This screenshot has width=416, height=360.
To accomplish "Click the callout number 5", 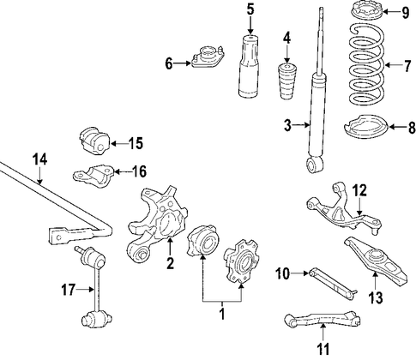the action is pos(250,9).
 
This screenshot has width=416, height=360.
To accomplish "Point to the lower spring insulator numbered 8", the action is pos(365,127).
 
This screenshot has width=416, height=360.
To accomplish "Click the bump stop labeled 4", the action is pos(286,81).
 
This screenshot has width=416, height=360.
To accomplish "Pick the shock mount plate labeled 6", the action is pos(208,57).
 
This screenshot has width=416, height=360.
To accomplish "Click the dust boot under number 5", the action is pos(249,66).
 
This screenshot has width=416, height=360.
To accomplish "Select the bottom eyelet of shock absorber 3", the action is pos(315,165).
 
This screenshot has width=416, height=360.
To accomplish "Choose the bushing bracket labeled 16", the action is pos(93,174).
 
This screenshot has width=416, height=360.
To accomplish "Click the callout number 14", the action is pos(39,159).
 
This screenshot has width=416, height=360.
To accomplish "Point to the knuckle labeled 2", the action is pos(157,225).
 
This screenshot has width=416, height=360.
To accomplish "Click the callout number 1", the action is pos(222,314).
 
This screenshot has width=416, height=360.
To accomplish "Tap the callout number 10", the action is pos(282,273).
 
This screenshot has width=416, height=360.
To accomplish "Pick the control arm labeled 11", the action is pos(323,319).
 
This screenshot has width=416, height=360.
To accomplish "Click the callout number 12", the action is pos(359,190).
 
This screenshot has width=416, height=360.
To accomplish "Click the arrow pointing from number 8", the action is pos(398,127).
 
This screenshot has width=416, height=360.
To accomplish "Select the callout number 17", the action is pos(69,290).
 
